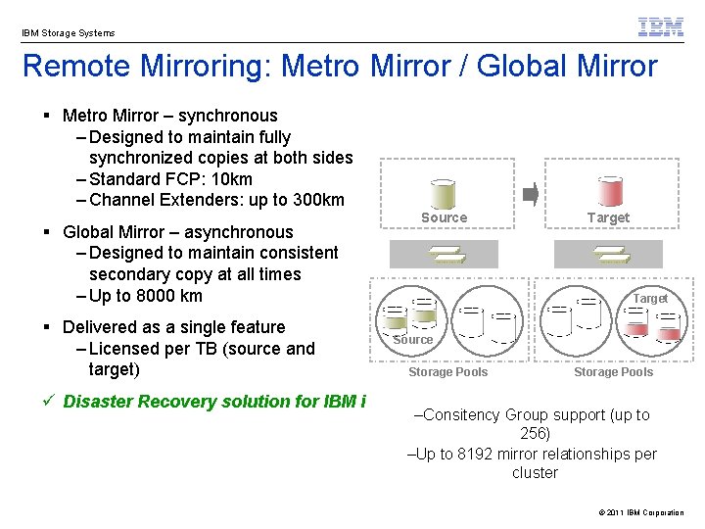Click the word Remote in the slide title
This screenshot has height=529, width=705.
coord(70,67)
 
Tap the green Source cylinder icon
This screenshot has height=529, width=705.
coord(444,193)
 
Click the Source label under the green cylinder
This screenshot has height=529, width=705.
coord(444,217)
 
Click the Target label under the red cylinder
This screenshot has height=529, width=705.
coord(608,217)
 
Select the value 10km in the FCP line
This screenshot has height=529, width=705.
coord(231,179)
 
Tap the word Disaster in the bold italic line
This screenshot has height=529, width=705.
coord(98,401)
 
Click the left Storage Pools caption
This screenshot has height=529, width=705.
coord(447,372)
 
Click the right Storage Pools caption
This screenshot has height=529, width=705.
coord(613,372)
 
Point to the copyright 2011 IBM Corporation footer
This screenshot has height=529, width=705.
coord(640,512)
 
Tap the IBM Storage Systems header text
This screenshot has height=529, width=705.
coord(69,33)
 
